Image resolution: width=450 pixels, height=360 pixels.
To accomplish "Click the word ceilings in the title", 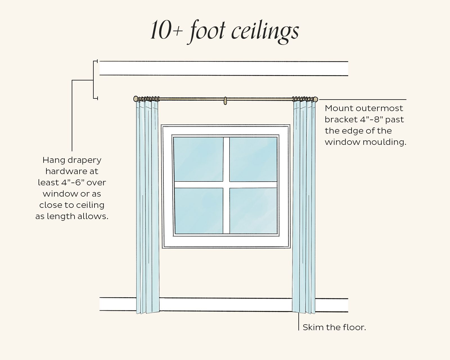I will (x=265, y=31).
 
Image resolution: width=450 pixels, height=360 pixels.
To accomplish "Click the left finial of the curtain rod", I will (x=136, y=99).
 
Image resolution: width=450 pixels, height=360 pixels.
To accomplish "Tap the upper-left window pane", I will (x=198, y=159).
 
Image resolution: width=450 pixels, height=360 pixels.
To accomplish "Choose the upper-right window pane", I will (x=253, y=159).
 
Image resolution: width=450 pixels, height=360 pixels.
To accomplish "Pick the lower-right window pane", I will (x=253, y=210).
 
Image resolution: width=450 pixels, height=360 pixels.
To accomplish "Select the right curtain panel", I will (x=304, y=205).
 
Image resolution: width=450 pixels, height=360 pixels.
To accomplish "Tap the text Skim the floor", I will (x=334, y=327).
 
